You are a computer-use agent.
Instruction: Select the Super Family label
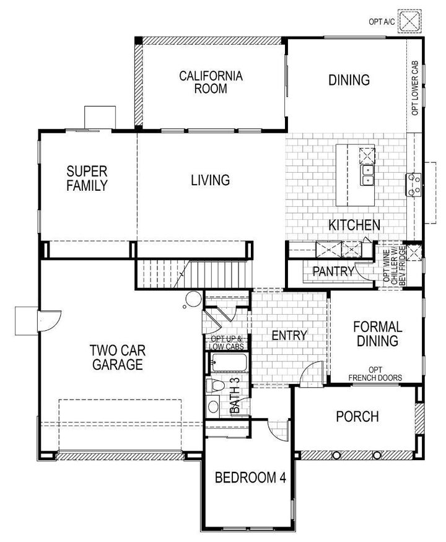pos(87,178)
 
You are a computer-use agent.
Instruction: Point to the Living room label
pos(210,180)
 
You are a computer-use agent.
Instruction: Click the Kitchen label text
pos(354,225)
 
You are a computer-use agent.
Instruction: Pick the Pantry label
pos(333,271)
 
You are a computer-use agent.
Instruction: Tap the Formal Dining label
pos(377,333)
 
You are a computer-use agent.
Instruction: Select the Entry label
pos(289,335)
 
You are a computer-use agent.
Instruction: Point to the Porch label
pos(357,416)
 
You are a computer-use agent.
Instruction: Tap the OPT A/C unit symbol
pos(409,20)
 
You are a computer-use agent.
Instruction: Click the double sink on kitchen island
pos(367,175)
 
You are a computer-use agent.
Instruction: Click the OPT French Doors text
pos(375,373)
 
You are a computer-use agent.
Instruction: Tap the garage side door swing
pos(48,319)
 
